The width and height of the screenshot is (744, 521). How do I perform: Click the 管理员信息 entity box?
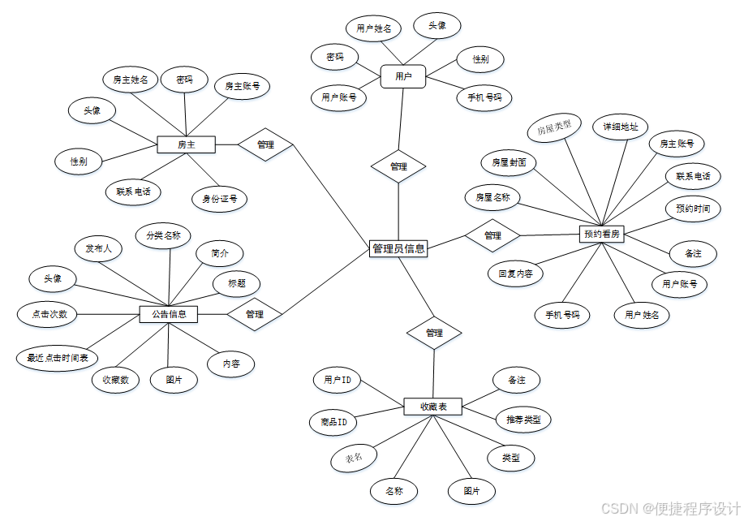coord(398,248)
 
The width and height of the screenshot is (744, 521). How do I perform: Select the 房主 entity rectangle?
coord(186,144)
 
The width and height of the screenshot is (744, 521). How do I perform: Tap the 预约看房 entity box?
coord(602,234)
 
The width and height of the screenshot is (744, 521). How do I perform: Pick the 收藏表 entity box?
coord(432,407)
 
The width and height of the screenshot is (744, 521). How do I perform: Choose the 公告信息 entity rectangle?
coord(169,313)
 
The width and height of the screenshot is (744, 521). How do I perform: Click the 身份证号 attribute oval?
coord(219,198)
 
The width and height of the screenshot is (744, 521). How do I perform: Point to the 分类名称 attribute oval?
coord(163,236)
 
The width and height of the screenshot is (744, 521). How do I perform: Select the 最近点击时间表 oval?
coord(57,357)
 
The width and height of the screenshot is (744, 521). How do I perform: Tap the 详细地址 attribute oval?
coord(620,127)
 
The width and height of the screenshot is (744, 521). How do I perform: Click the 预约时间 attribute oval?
coord(693,209)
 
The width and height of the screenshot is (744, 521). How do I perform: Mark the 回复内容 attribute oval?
coord(515,273)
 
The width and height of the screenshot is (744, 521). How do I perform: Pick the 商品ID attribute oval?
coord(333,421)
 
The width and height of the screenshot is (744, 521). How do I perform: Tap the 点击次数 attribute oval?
coord(49,313)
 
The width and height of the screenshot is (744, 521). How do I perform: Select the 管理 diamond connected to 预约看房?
coord(492,235)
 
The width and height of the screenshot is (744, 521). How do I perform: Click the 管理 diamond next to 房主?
coord(265,144)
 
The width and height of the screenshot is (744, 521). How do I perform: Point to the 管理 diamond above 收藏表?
coord(434,333)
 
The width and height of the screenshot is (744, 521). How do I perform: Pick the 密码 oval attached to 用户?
coord(335,57)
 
